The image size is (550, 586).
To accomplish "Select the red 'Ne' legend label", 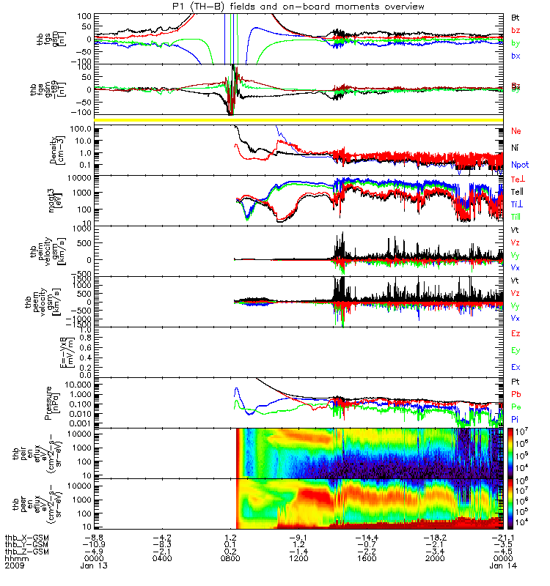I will pos(516,130).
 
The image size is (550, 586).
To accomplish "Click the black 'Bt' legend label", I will pos(516,16).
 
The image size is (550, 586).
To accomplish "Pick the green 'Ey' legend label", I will pos(516,350).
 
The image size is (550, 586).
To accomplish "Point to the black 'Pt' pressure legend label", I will pos(516,382).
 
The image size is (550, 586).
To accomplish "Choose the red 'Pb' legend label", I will pos(516,394).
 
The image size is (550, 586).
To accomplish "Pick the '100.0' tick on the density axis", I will pos(83,129).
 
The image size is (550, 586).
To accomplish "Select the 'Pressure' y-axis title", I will pos(74,401).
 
